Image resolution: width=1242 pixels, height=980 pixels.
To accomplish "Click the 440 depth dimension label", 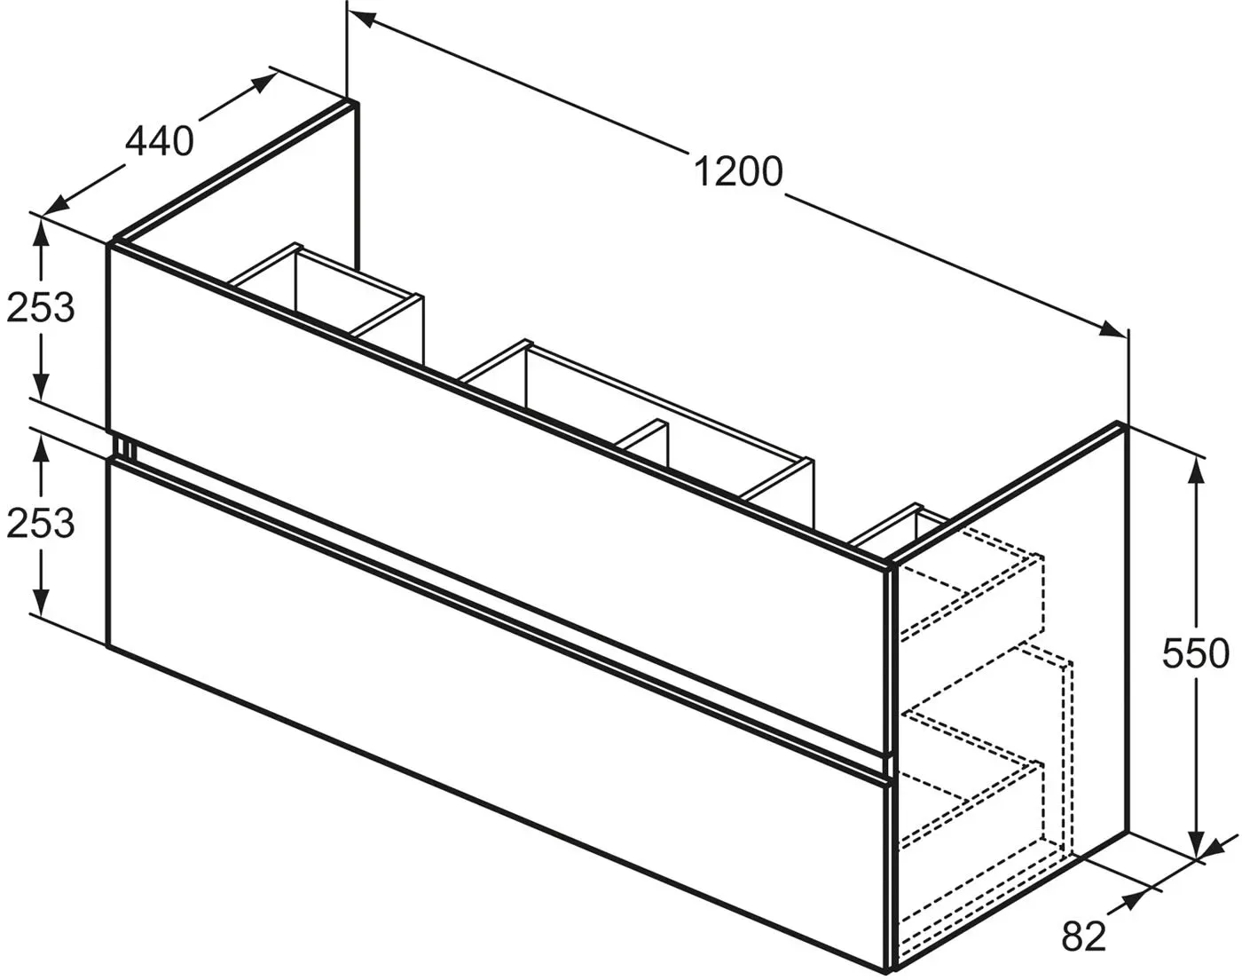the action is coord(160,141).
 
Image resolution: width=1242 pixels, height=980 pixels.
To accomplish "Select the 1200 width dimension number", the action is coord(738,172).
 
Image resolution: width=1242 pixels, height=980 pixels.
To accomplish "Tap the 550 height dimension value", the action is coord(1196,654).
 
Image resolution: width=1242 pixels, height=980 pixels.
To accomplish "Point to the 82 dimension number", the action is coord(1084,937).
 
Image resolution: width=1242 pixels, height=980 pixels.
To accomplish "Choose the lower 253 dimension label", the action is coord(41,523).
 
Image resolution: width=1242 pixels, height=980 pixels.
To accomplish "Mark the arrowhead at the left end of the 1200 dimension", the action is coord(361,19).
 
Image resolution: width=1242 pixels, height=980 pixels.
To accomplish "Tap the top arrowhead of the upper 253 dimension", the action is coord(41,236).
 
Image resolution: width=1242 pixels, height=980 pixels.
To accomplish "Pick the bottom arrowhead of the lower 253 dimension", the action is coord(41,601).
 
